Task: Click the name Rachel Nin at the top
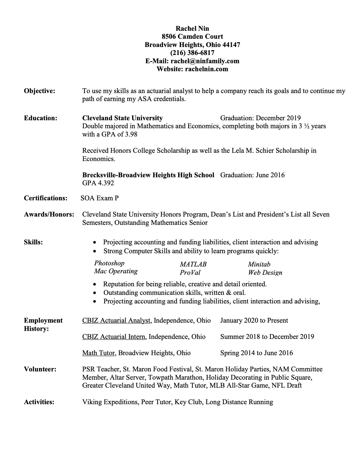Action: (192, 28)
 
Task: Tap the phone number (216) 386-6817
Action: (192, 53)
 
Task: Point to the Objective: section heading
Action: (40, 91)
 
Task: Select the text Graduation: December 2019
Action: (260, 118)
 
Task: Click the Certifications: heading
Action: (46, 198)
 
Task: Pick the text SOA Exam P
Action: (100, 198)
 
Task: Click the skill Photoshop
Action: (109, 263)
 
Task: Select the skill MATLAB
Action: (193, 264)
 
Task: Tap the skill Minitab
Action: (259, 264)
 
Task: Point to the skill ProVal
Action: (190, 273)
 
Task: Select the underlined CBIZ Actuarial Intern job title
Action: (114, 337)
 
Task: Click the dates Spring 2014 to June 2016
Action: (257, 353)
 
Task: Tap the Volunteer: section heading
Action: (40, 369)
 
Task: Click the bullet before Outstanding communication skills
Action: (94, 293)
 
